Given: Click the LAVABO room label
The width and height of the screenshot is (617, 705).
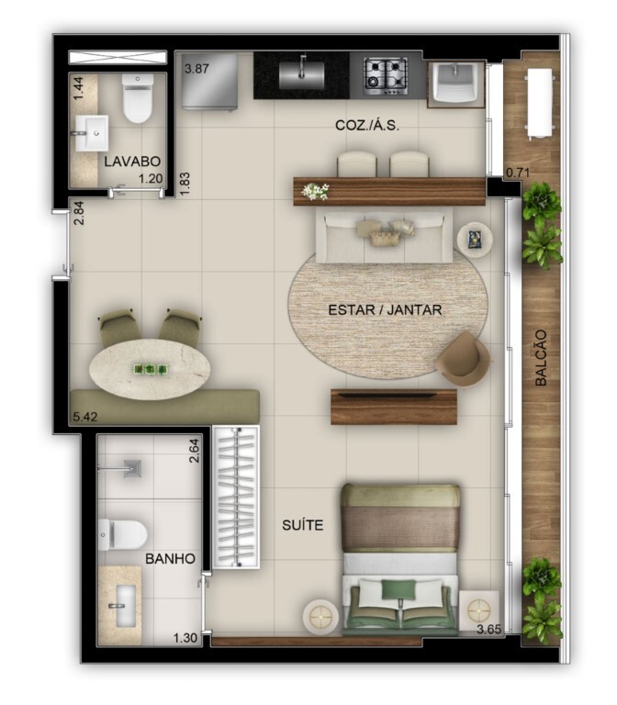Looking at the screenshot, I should [126, 161].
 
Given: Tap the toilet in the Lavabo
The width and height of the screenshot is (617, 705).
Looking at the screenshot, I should [138, 99].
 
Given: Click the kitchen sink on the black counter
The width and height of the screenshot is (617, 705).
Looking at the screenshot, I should [301, 73].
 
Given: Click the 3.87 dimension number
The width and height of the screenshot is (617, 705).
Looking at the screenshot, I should [198, 69].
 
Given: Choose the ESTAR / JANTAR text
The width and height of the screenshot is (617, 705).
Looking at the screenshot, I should [385, 310].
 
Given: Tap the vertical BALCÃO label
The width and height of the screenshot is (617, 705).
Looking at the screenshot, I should [540, 357].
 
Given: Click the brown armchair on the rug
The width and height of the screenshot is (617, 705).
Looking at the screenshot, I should [463, 358].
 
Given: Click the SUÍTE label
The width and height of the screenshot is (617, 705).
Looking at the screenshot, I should [303, 526].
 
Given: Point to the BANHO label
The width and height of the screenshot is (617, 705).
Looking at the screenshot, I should [170, 557].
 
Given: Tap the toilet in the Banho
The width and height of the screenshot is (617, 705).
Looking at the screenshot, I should [122, 533].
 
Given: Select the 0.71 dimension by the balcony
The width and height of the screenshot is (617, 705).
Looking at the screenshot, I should [520, 171].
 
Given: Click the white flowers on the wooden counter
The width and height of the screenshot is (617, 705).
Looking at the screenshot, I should [315, 191].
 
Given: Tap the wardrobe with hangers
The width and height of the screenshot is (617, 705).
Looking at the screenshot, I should [236, 496].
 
